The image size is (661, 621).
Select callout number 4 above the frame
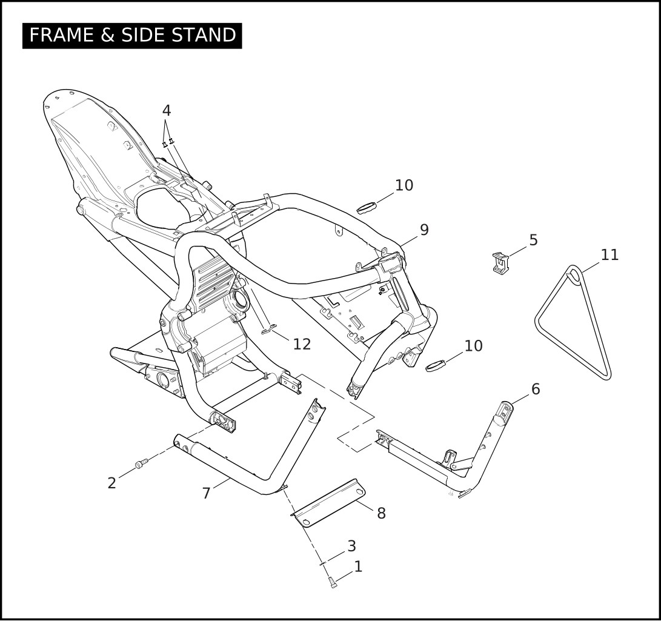(167, 110)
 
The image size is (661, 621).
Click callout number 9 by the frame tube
(424, 230)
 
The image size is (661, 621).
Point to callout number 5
(533, 241)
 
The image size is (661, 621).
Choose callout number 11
(610, 254)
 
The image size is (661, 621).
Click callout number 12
(302, 344)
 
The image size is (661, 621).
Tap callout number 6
(536, 389)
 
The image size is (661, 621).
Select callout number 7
(206, 493)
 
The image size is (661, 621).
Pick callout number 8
(381, 513)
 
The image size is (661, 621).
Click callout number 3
(351, 546)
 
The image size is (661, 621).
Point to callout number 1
(358, 566)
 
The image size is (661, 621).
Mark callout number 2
(111, 483)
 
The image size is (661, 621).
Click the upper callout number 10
(404, 185)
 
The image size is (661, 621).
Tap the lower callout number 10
(473, 346)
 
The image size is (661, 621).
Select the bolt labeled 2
(141, 463)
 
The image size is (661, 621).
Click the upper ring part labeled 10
(367, 208)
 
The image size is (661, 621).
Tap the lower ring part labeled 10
(436, 366)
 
